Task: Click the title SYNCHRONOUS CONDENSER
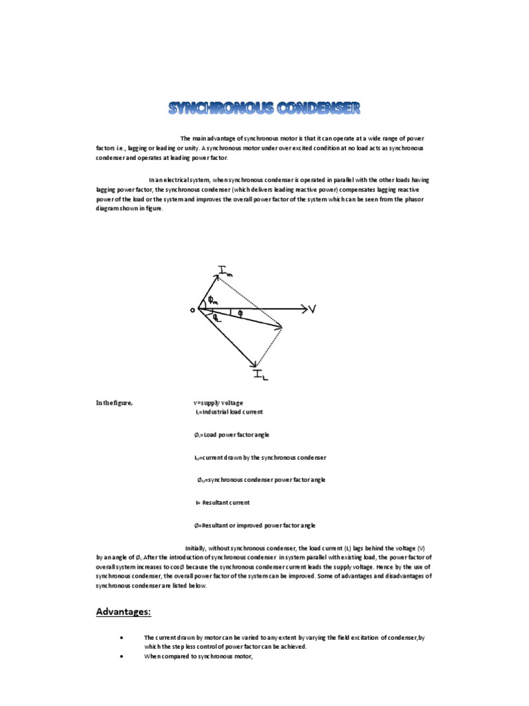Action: [x=264, y=108]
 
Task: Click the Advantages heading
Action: [x=123, y=612]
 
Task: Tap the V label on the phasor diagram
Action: [x=312, y=310]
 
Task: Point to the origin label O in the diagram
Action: [x=193, y=310]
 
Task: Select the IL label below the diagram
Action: [x=262, y=374]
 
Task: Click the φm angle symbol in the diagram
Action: [x=214, y=299]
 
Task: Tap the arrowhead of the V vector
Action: [x=302, y=310]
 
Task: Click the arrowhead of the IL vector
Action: [x=256, y=363]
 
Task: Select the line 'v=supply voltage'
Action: [x=218, y=403]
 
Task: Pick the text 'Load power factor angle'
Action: [x=234, y=435]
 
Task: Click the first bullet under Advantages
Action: [x=121, y=638]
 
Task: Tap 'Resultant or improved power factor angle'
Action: [x=256, y=525]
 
